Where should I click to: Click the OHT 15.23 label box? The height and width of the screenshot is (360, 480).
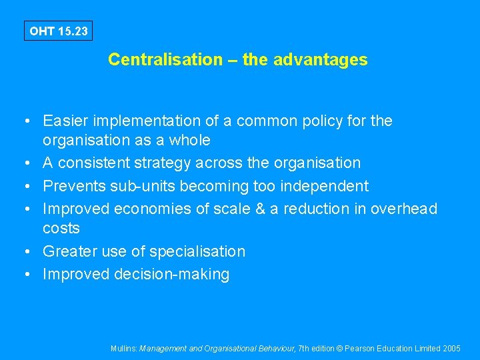coord(59,31)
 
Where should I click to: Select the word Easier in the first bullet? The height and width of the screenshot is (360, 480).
coord(64,121)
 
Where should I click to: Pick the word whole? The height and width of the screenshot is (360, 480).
coord(190,140)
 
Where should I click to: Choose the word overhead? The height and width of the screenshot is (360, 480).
coord(404,209)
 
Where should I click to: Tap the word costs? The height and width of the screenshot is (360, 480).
coord(61,228)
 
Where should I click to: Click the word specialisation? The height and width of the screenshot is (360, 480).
coord(197,251)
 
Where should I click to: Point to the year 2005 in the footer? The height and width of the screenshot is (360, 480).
coord(451,348)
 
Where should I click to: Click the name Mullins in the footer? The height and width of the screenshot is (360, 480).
coord(124,348)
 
